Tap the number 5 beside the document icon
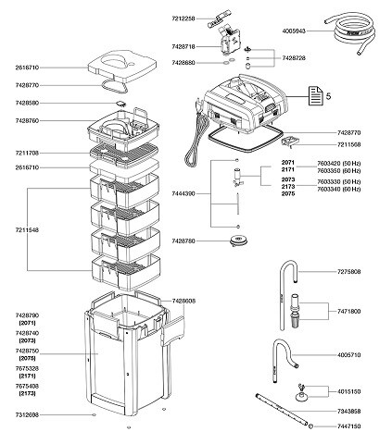click(328, 96)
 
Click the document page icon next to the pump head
click(307, 96)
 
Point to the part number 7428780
click(186, 241)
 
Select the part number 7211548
click(19, 227)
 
